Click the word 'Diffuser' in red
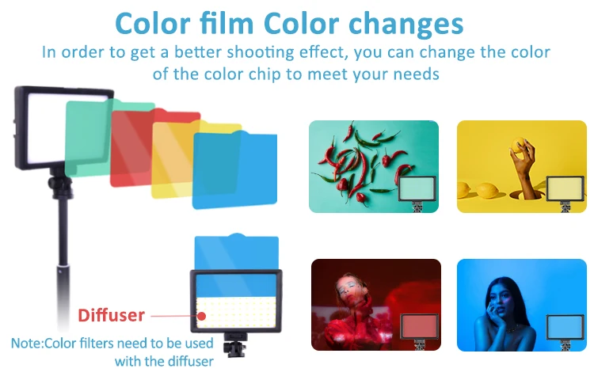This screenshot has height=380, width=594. coord(111,316)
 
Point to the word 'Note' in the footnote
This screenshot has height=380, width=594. coord(28,344)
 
